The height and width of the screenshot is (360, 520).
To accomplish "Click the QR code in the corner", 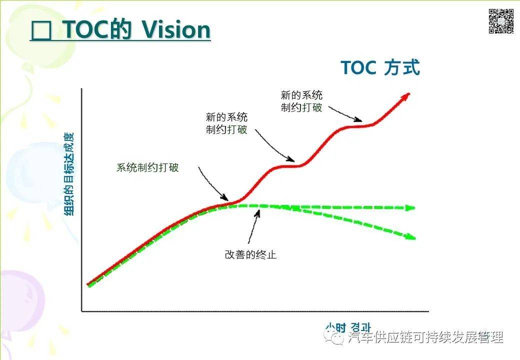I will [501, 21].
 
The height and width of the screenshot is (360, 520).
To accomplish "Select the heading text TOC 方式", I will [380, 67].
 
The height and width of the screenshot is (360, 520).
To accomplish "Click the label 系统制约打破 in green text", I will [147, 168].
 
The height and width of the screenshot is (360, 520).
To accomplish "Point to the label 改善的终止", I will [250, 254].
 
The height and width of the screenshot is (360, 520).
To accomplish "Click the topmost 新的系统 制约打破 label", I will [301, 101].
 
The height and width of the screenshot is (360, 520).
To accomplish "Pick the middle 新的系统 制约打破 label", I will [226, 123].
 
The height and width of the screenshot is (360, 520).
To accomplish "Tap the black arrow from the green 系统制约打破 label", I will [212, 185].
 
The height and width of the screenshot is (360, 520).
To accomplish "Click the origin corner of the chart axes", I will [82, 311].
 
